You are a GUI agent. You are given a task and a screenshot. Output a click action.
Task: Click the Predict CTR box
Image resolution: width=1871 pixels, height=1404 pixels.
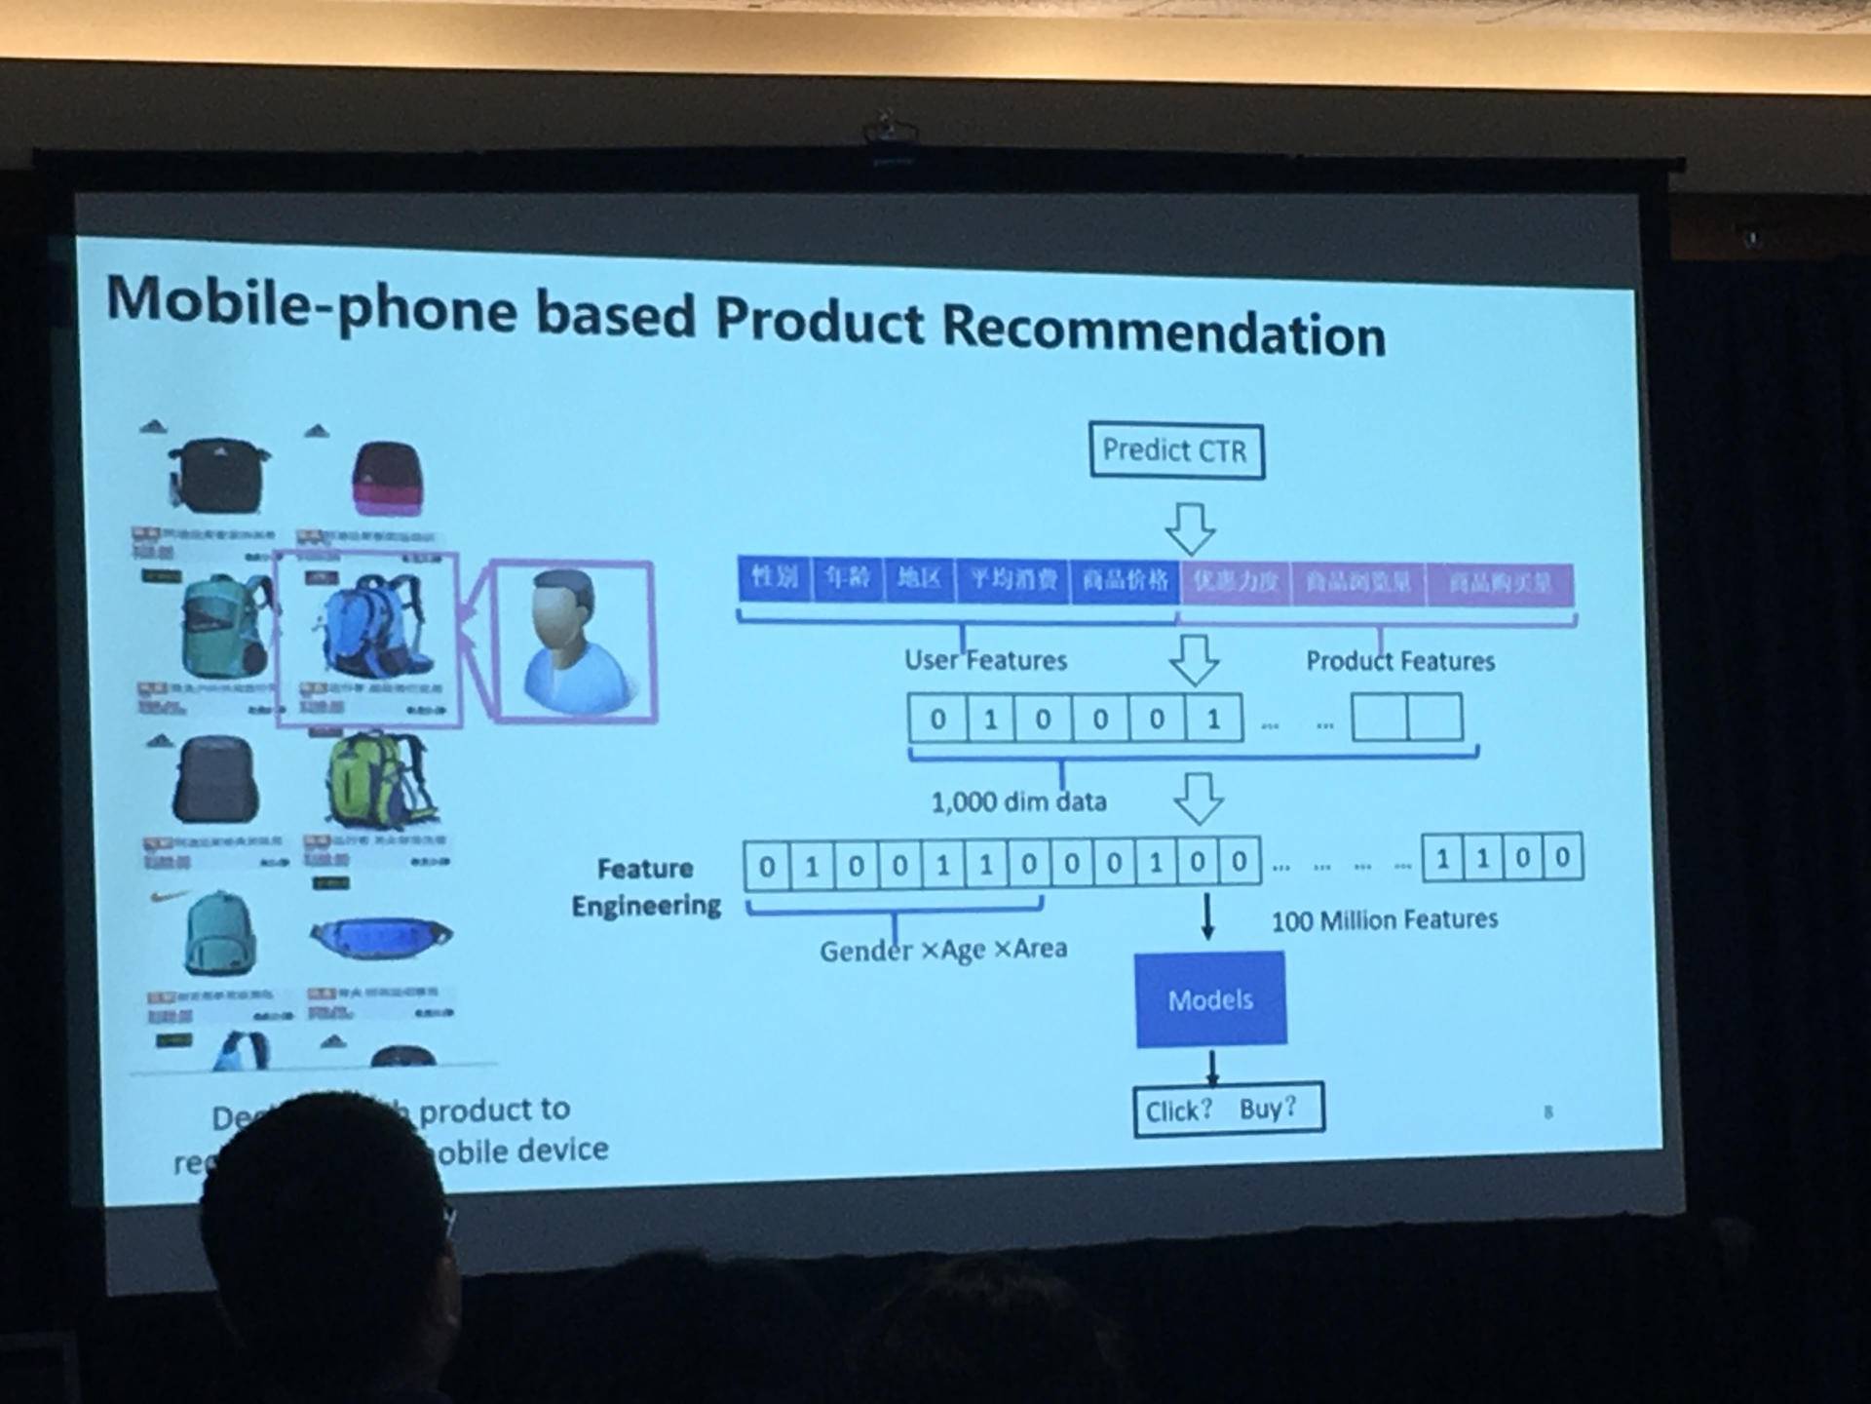click(1176, 450)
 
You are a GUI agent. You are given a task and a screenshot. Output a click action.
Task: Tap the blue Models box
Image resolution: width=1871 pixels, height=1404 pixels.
click(1210, 999)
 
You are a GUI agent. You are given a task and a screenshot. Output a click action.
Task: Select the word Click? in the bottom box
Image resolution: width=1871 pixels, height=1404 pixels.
click(1178, 1111)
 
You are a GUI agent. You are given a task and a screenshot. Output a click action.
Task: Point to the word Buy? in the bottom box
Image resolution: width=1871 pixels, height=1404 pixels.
click(1268, 1109)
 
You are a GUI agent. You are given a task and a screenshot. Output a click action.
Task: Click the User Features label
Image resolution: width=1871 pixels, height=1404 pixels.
click(985, 660)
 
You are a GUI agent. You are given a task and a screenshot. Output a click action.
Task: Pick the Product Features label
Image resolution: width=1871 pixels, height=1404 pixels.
click(1399, 661)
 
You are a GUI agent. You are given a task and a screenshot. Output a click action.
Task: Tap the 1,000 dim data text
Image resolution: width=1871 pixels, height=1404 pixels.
click(1018, 801)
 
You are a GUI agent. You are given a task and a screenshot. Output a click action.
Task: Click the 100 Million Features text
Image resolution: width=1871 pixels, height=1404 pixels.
click(1384, 919)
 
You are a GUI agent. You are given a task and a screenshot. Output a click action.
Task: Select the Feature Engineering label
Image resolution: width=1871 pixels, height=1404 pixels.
click(646, 886)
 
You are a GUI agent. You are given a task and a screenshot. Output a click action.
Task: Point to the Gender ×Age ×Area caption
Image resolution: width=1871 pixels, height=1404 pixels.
click(942, 950)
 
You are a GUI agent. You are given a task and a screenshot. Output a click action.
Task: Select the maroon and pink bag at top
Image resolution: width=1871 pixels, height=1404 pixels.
click(387, 478)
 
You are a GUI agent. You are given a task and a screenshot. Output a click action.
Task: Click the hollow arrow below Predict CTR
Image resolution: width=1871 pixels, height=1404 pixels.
click(1190, 528)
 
